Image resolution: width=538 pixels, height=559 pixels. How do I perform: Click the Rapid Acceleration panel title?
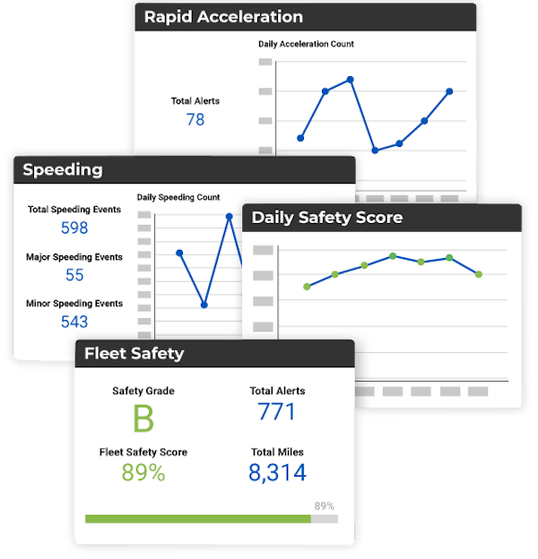[224, 17]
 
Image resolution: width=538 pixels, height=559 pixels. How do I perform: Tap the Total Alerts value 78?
[195, 119]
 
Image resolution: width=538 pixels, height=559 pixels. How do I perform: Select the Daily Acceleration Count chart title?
[306, 44]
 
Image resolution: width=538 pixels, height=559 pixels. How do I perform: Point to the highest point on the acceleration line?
[351, 80]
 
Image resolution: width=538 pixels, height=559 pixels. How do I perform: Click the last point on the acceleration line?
[449, 91]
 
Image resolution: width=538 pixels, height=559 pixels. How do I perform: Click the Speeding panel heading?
[62, 170]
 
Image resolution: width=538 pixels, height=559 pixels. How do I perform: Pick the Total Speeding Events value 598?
[74, 228]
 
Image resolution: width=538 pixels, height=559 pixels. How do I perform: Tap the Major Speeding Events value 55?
[74, 275]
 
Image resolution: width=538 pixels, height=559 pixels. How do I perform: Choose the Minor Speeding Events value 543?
[74, 322]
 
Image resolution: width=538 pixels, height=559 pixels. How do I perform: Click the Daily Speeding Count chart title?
[178, 197]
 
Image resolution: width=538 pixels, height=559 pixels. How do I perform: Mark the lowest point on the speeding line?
[204, 305]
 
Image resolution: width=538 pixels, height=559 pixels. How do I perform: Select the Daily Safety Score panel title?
[326, 218]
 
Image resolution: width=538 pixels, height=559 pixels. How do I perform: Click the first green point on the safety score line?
[308, 287]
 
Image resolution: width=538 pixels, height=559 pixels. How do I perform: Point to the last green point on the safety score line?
[479, 274]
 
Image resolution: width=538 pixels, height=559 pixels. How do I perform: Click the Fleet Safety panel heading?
[134, 353]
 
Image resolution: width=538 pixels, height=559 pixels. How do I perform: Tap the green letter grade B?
[143, 419]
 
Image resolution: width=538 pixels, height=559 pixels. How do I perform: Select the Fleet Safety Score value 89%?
[143, 473]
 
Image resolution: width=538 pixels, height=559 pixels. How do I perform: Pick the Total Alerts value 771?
[277, 411]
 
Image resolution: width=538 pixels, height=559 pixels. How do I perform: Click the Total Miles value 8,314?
[277, 473]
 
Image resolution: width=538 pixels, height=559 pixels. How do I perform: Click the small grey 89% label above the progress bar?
[325, 505]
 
